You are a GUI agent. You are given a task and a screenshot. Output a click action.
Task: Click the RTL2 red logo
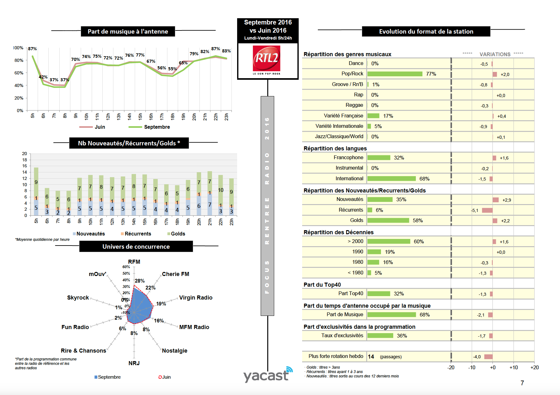(266, 58)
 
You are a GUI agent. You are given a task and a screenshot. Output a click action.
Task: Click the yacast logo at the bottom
(267, 375)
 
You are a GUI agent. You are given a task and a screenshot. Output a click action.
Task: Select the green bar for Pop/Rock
(395, 74)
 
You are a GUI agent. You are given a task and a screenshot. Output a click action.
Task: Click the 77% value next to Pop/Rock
(431, 74)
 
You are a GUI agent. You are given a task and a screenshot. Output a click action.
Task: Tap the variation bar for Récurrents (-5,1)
(487, 210)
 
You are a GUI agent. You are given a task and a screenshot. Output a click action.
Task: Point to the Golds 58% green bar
(388, 220)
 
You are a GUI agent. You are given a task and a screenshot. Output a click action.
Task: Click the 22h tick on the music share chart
(216, 117)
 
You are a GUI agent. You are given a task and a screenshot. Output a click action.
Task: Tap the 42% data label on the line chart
(43, 77)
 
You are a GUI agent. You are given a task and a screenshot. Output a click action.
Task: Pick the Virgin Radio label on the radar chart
(196, 297)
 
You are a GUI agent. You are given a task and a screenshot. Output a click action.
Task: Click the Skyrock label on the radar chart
(78, 297)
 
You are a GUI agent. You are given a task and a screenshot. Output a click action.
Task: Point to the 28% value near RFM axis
(139, 281)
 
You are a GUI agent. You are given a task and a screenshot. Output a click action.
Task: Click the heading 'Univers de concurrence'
(136, 246)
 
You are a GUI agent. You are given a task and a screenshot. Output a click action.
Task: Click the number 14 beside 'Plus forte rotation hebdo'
(371, 356)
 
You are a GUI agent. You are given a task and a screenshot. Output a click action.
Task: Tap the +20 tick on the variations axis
(534, 367)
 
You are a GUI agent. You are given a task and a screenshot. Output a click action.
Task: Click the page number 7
(522, 383)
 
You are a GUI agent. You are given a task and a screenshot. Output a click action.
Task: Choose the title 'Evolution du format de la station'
(426, 31)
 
